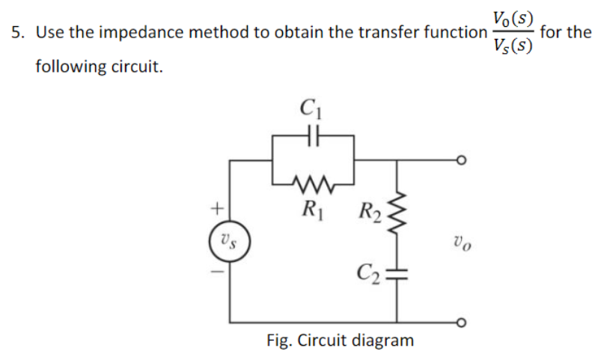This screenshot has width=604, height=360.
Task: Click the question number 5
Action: coord(16,33)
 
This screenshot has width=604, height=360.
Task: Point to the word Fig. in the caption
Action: coord(281,341)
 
